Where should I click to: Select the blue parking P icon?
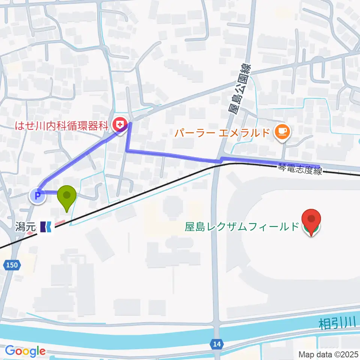pyautogui.click(x=37, y=195)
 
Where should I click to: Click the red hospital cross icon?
pyautogui.click(x=120, y=123)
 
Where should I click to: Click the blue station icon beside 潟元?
pyautogui.click(x=47, y=226)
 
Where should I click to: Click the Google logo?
pyautogui.click(x=25, y=351)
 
